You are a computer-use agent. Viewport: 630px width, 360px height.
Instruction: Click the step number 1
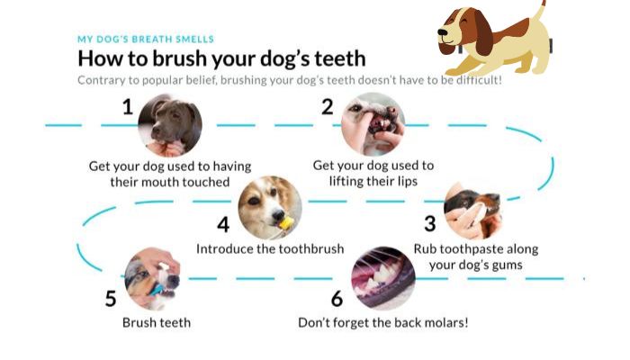pyautogui.click(x=128, y=107)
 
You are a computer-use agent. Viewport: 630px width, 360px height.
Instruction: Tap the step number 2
pyautogui.click(x=328, y=107)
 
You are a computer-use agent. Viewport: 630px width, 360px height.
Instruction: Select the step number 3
pyautogui.click(x=430, y=224)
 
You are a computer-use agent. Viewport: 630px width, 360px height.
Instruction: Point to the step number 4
pyautogui.click(x=223, y=225)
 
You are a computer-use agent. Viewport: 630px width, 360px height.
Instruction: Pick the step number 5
pyautogui.click(x=111, y=299)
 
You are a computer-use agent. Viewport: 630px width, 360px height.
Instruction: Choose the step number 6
pyautogui.click(x=337, y=299)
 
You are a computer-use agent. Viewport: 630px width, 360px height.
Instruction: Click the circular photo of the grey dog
pyautogui.click(x=170, y=125)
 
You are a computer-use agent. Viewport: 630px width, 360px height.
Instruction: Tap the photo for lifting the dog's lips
pyautogui.click(x=373, y=124)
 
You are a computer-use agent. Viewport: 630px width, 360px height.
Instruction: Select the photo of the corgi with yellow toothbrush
pyautogui.click(x=270, y=208)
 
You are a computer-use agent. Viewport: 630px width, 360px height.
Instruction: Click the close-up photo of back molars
pyautogui.click(x=383, y=278)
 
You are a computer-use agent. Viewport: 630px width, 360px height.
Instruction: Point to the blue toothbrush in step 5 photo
pyautogui.click(x=157, y=290)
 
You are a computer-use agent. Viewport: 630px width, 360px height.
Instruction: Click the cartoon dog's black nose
pyautogui.click(x=443, y=32)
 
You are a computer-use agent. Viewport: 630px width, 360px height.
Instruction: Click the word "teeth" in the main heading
pyautogui.click(x=340, y=58)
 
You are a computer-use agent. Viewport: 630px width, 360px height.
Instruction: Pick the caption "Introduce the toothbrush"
pyautogui.click(x=270, y=249)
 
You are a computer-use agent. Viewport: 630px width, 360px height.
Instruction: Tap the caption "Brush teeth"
pyautogui.click(x=157, y=322)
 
